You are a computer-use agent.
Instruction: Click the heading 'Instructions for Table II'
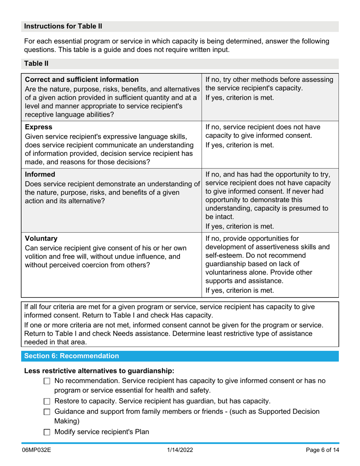[63, 26]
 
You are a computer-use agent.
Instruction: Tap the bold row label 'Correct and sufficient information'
[82, 80]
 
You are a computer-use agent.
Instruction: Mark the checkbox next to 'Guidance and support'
[47, 412]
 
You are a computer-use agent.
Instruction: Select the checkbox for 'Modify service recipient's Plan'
[47, 432]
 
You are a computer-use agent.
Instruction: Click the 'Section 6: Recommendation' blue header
[72, 356]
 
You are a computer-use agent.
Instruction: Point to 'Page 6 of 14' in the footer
[322, 450]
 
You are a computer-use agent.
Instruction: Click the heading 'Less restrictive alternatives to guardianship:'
[99, 371]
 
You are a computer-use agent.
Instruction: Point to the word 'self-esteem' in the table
[222, 256]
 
